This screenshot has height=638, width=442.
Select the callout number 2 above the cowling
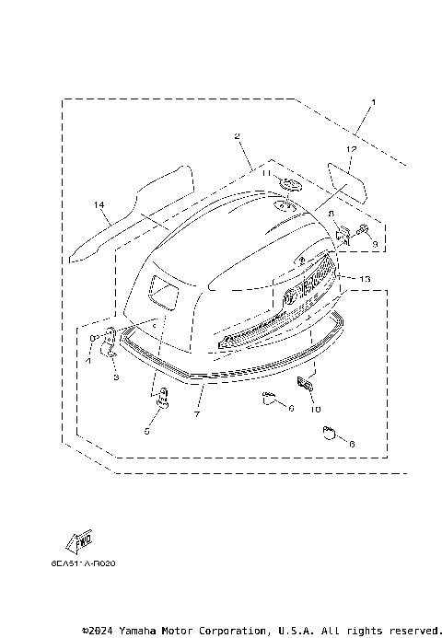pyautogui.click(x=238, y=136)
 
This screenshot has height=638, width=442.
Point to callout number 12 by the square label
pyautogui.click(x=350, y=148)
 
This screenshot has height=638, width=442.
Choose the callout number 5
pyautogui.click(x=146, y=430)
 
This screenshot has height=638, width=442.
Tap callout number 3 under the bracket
pyautogui.click(x=116, y=377)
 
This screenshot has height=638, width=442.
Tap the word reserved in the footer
pyautogui.click(x=410, y=631)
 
